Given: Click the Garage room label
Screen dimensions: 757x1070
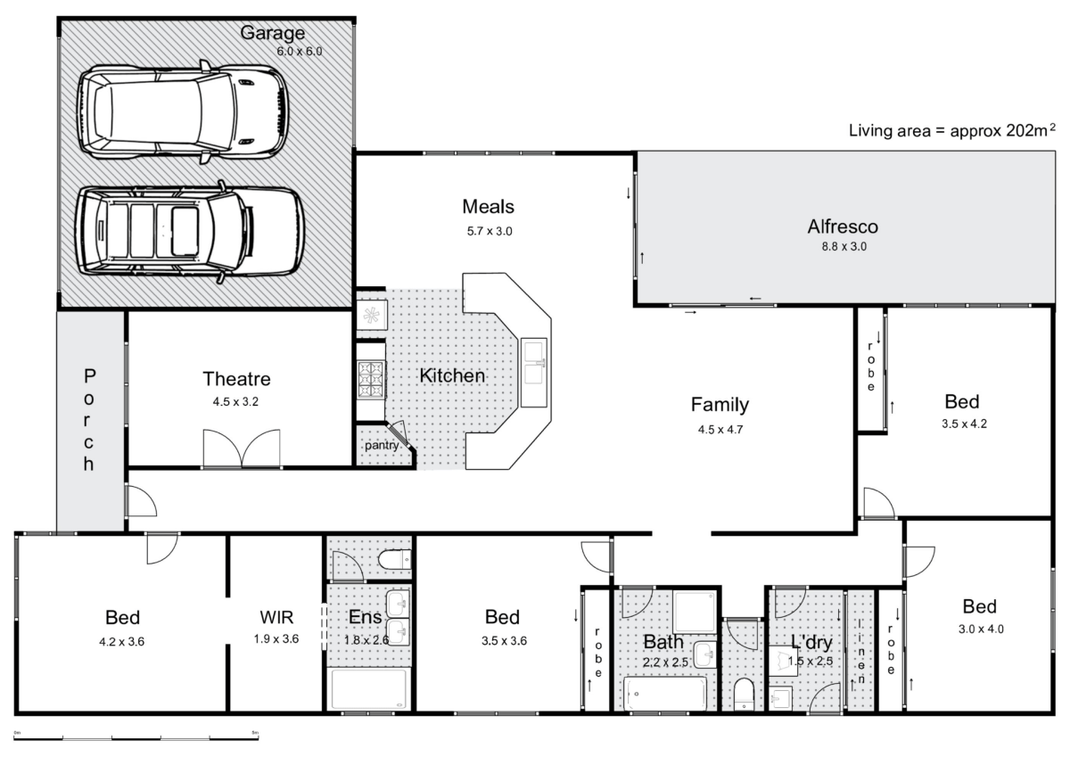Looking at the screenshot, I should (272, 34).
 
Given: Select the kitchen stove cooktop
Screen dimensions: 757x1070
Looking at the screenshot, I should (370, 379).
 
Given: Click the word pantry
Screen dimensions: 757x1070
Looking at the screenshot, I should (381, 446).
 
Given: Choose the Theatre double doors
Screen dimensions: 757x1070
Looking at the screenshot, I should (241, 448).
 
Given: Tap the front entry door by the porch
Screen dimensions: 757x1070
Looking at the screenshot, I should (141, 501).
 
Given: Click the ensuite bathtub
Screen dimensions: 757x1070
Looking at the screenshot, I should (368, 687).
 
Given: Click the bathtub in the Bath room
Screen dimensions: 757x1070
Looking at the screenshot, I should (664, 692).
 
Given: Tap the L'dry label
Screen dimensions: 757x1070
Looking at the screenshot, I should (811, 641).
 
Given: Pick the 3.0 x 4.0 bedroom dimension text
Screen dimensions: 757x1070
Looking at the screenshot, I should (979, 628).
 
